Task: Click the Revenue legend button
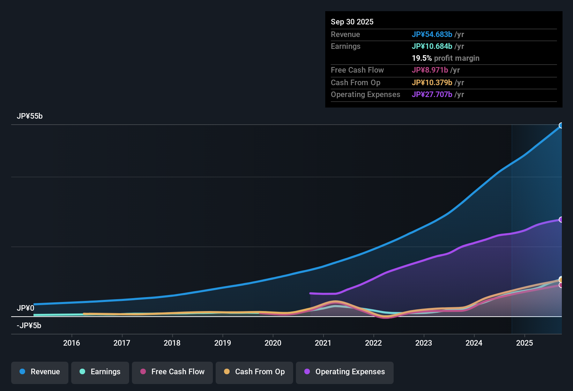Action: coord(40,372)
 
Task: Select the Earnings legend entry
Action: coord(100,372)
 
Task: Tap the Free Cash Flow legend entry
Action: coord(172,372)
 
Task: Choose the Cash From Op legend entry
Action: coord(254,372)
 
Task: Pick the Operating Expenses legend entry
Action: coord(345,372)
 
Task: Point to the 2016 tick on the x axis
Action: coord(72,343)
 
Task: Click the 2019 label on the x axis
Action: coord(223,343)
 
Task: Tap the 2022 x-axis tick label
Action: coord(373,343)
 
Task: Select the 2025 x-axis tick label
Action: coord(524,343)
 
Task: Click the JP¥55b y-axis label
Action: coord(30,116)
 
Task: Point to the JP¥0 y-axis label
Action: coord(25,308)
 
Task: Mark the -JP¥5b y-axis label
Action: coord(29,326)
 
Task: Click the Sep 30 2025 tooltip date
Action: coord(352,22)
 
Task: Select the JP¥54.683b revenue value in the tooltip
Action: coord(432,34)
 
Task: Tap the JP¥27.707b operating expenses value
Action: coord(432,95)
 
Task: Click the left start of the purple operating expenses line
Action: coord(311,293)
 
